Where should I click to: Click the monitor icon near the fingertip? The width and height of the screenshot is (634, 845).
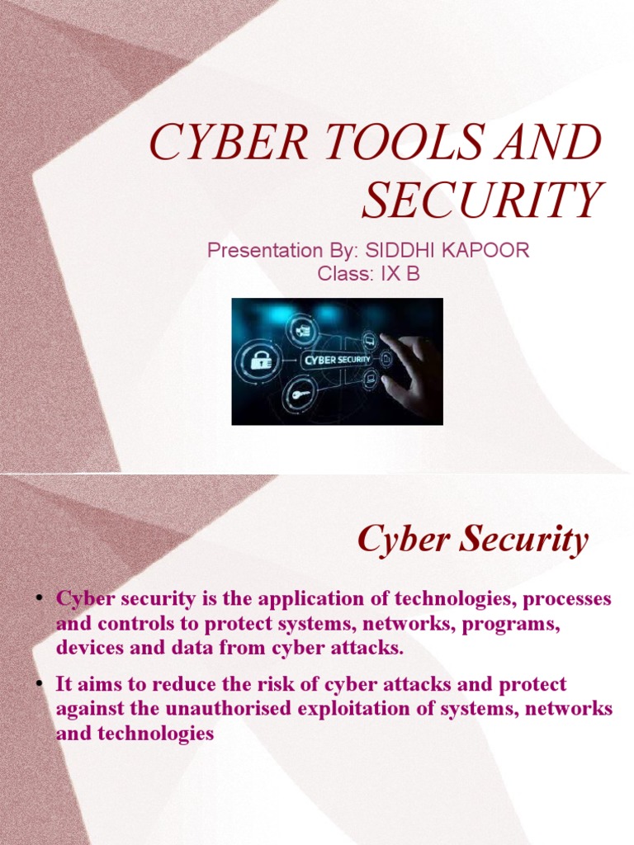369,340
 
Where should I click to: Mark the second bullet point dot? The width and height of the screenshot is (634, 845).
39,684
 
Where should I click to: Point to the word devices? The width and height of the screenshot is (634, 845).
89,648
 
